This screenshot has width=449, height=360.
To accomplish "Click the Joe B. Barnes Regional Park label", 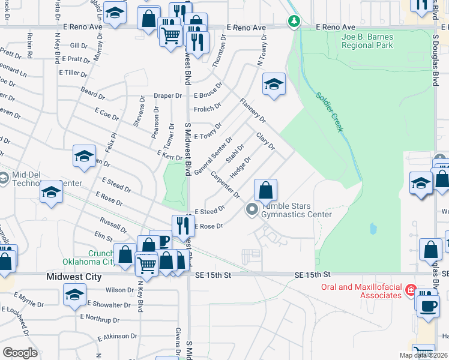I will pyautogui.click(x=367, y=41).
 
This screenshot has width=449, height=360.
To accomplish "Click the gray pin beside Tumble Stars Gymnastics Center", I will pyautogui.click(x=252, y=210).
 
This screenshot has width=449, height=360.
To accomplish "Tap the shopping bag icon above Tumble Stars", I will pyautogui.click(x=265, y=190).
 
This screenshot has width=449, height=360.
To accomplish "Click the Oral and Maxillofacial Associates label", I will pyautogui.click(x=360, y=291).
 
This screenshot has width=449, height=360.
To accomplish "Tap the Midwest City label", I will pyautogui.click(x=73, y=277).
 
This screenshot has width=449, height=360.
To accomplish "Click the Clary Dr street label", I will pyautogui.click(x=265, y=142).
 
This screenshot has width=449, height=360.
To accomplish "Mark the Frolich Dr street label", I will pyautogui.click(x=208, y=109).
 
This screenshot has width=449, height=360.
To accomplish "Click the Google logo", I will pyautogui.click(x=20, y=352).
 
